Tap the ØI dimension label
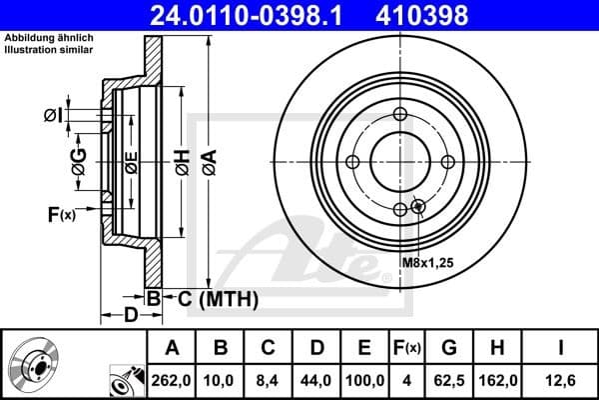click(54, 116)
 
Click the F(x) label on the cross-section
click(61, 213)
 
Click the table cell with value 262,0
click(173, 380)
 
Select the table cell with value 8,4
click(269, 380)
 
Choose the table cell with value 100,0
click(364, 380)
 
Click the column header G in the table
click(449, 348)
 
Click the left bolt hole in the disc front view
click(352, 163)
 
